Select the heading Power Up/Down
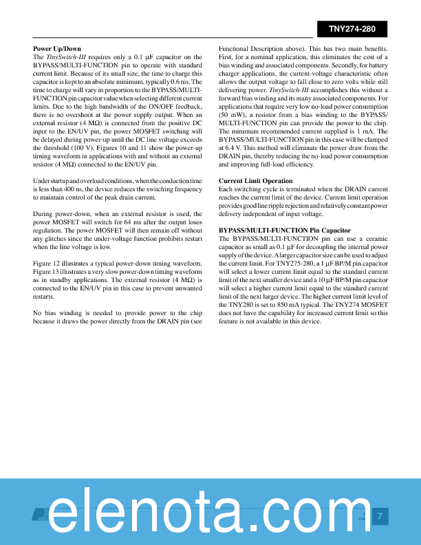point(57,49)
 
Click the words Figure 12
point(49,263)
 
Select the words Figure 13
point(49,271)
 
